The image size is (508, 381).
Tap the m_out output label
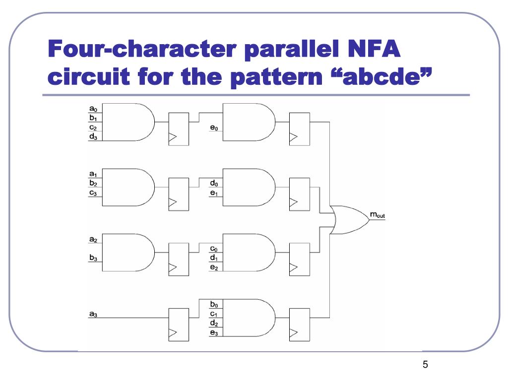(378, 215)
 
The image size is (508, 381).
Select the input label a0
(93, 109)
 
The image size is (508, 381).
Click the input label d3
(93, 136)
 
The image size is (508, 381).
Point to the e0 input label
(214, 128)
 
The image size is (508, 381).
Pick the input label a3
(93, 314)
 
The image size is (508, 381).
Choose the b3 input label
(93, 257)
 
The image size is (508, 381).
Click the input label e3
(214, 333)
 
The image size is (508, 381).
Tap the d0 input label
(214, 183)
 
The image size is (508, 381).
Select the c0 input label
(214, 249)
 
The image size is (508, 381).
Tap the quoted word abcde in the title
(379, 77)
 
